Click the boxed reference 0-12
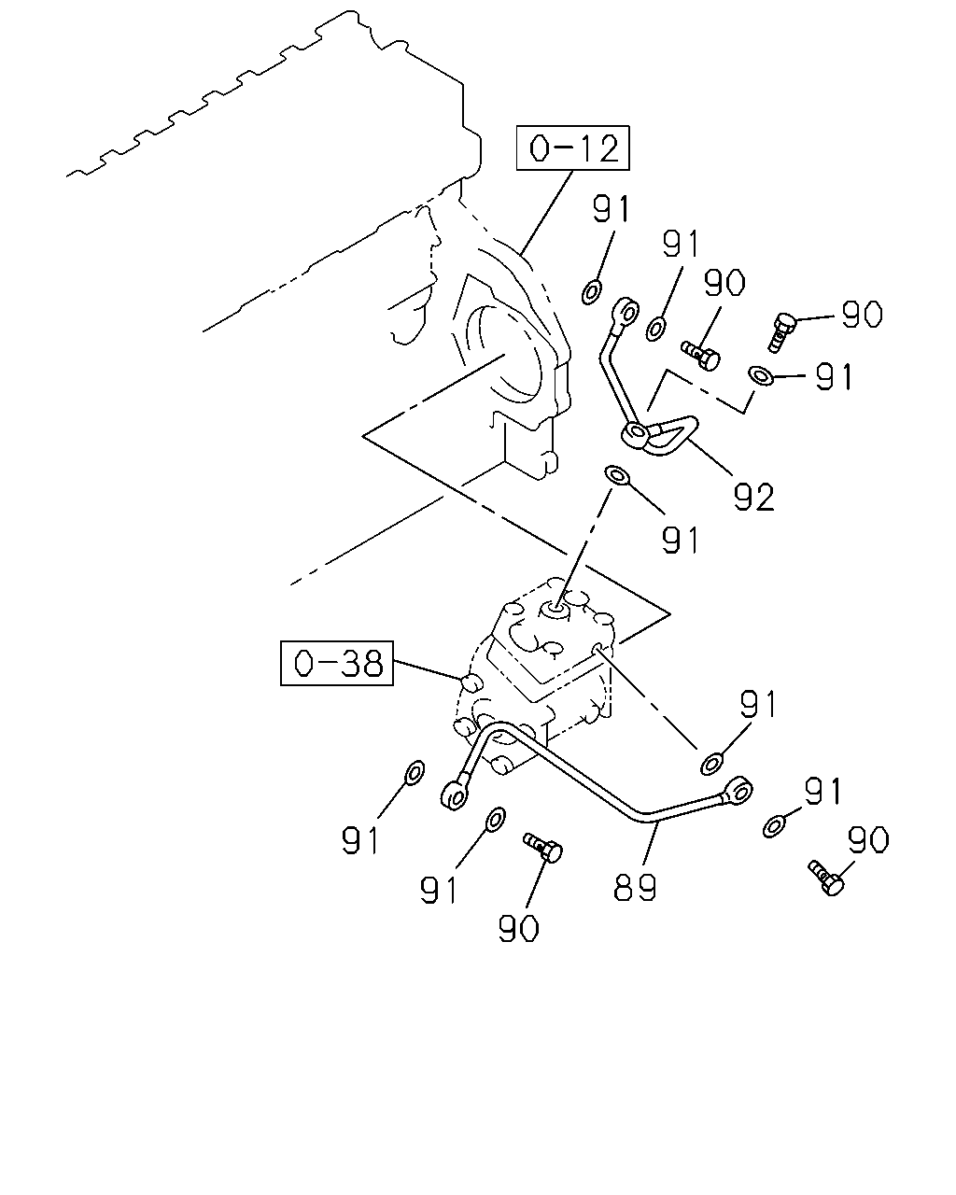pyautogui.click(x=572, y=148)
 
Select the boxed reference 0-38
pyautogui.click(x=337, y=663)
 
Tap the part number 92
pyautogui.click(x=753, y=497)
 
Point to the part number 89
pyautogui.click(x=635, y=887)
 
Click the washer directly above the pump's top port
pyautogui.click(x=616, y=475)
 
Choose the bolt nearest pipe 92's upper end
pyautogui.click(x=701, y=355)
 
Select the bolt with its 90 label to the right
pyautogui.click(x=782, y=332)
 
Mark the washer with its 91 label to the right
pyautogui.click(x=761, y=375)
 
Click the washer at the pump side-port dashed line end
pyautogui.click(x=711, y=764)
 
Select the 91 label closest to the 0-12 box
pyautogui.click(x=612, y=209)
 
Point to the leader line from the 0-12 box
pyautogui.click(x=546, y=214)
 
